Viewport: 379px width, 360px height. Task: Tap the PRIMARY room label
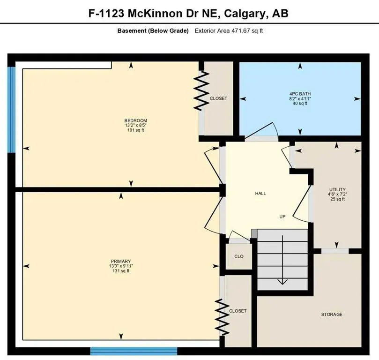pyautogui.click(x=121, y=261)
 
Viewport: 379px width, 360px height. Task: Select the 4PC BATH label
pyautogui.click(x=300, y=94)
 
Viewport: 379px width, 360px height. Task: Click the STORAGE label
pyautogui.click(x=331, y=314)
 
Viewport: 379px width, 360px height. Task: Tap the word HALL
pyautogui.click(x=260, y=193)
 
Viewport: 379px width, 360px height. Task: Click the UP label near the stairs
pyautogui.click(x=282, y=217)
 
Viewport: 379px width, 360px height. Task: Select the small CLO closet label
pyautogui.click(x=239, y=256)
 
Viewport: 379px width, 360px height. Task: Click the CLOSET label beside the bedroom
pyautogui.click(x=218, y=98)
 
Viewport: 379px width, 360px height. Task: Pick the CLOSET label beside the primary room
pyautogui.click(x=238, y=311)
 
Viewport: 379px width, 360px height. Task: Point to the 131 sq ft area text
pyautogui.click(x=121, y=271)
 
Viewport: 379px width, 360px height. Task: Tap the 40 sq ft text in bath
pyautogui.click(x=300, y=104)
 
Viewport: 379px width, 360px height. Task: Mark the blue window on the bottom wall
pyautogui.click(x=134, y=351)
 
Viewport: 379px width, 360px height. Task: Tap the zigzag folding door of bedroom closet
pyautogui.click(x=201, y=90)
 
